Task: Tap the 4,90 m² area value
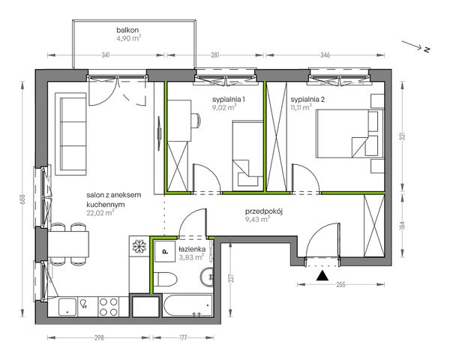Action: click(128, 38)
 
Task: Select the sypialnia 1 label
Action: click(229, 100)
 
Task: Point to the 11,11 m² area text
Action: click(301, 108)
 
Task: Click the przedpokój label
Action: click(264, 211)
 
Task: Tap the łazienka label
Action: click(192, 249)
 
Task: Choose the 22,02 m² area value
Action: click(100, 213)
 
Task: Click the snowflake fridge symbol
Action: click(139, 246)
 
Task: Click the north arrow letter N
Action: click(427, 49)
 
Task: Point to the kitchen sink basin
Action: click(67, 307)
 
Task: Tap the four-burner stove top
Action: click(109, 307)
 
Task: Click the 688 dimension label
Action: click(23, 199)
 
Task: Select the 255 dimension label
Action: click(340, 284)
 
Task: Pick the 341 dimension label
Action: click(106, 55)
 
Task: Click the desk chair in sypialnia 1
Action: click(196, 121)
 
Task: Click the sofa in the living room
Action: click(71, 133)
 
